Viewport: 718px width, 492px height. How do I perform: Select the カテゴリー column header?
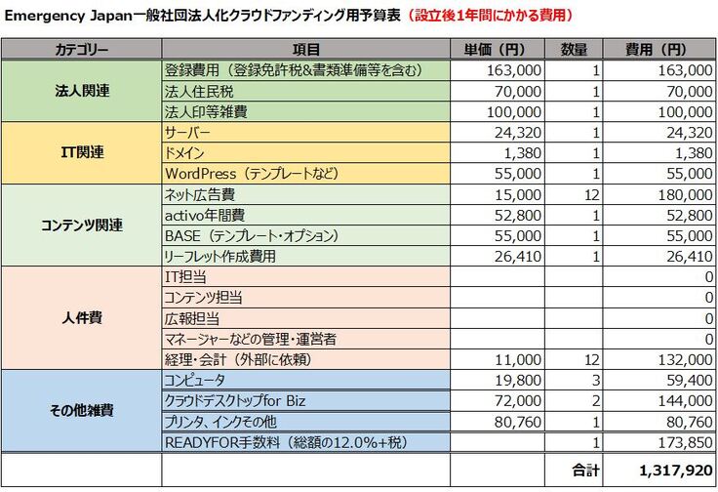(x=82, y=49)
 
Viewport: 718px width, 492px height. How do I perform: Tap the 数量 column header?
(x=575, y=49)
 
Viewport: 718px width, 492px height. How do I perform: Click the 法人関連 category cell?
(x=82, y=91)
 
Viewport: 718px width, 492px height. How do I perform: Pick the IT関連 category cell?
(x=82, y=152)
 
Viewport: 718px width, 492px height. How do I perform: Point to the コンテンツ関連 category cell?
(x=82, y=225)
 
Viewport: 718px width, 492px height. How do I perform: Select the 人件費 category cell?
(x=82, y=317)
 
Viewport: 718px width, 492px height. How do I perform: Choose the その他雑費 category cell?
(x=82, y=410)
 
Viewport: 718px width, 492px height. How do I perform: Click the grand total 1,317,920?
(x=673, y=470)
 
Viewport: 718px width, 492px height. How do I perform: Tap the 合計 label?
(x=583, y=470)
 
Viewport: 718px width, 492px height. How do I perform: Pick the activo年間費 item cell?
(x=205, y=215)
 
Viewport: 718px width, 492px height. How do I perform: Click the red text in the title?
(x=490, y=15)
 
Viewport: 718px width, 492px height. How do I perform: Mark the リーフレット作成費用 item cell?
(x=220, y=256)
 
